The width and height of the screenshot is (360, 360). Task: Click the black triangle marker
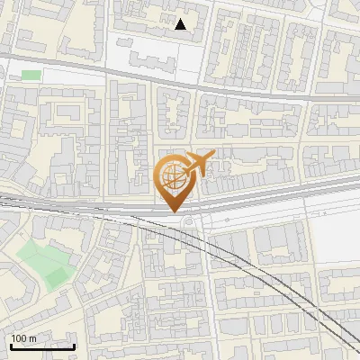point(181,24)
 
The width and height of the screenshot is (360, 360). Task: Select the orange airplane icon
point(198,164)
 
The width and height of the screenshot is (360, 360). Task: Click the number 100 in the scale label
point(18,338)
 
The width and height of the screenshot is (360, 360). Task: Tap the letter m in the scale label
point(32,338)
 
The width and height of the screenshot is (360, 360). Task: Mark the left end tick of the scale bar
point(10,345)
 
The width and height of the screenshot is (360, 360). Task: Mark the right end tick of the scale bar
point(74,345)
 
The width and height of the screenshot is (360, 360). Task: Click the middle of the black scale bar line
point(41,346)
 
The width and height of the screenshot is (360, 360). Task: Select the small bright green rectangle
point(31,75)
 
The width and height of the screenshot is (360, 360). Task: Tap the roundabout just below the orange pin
point(188,223)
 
